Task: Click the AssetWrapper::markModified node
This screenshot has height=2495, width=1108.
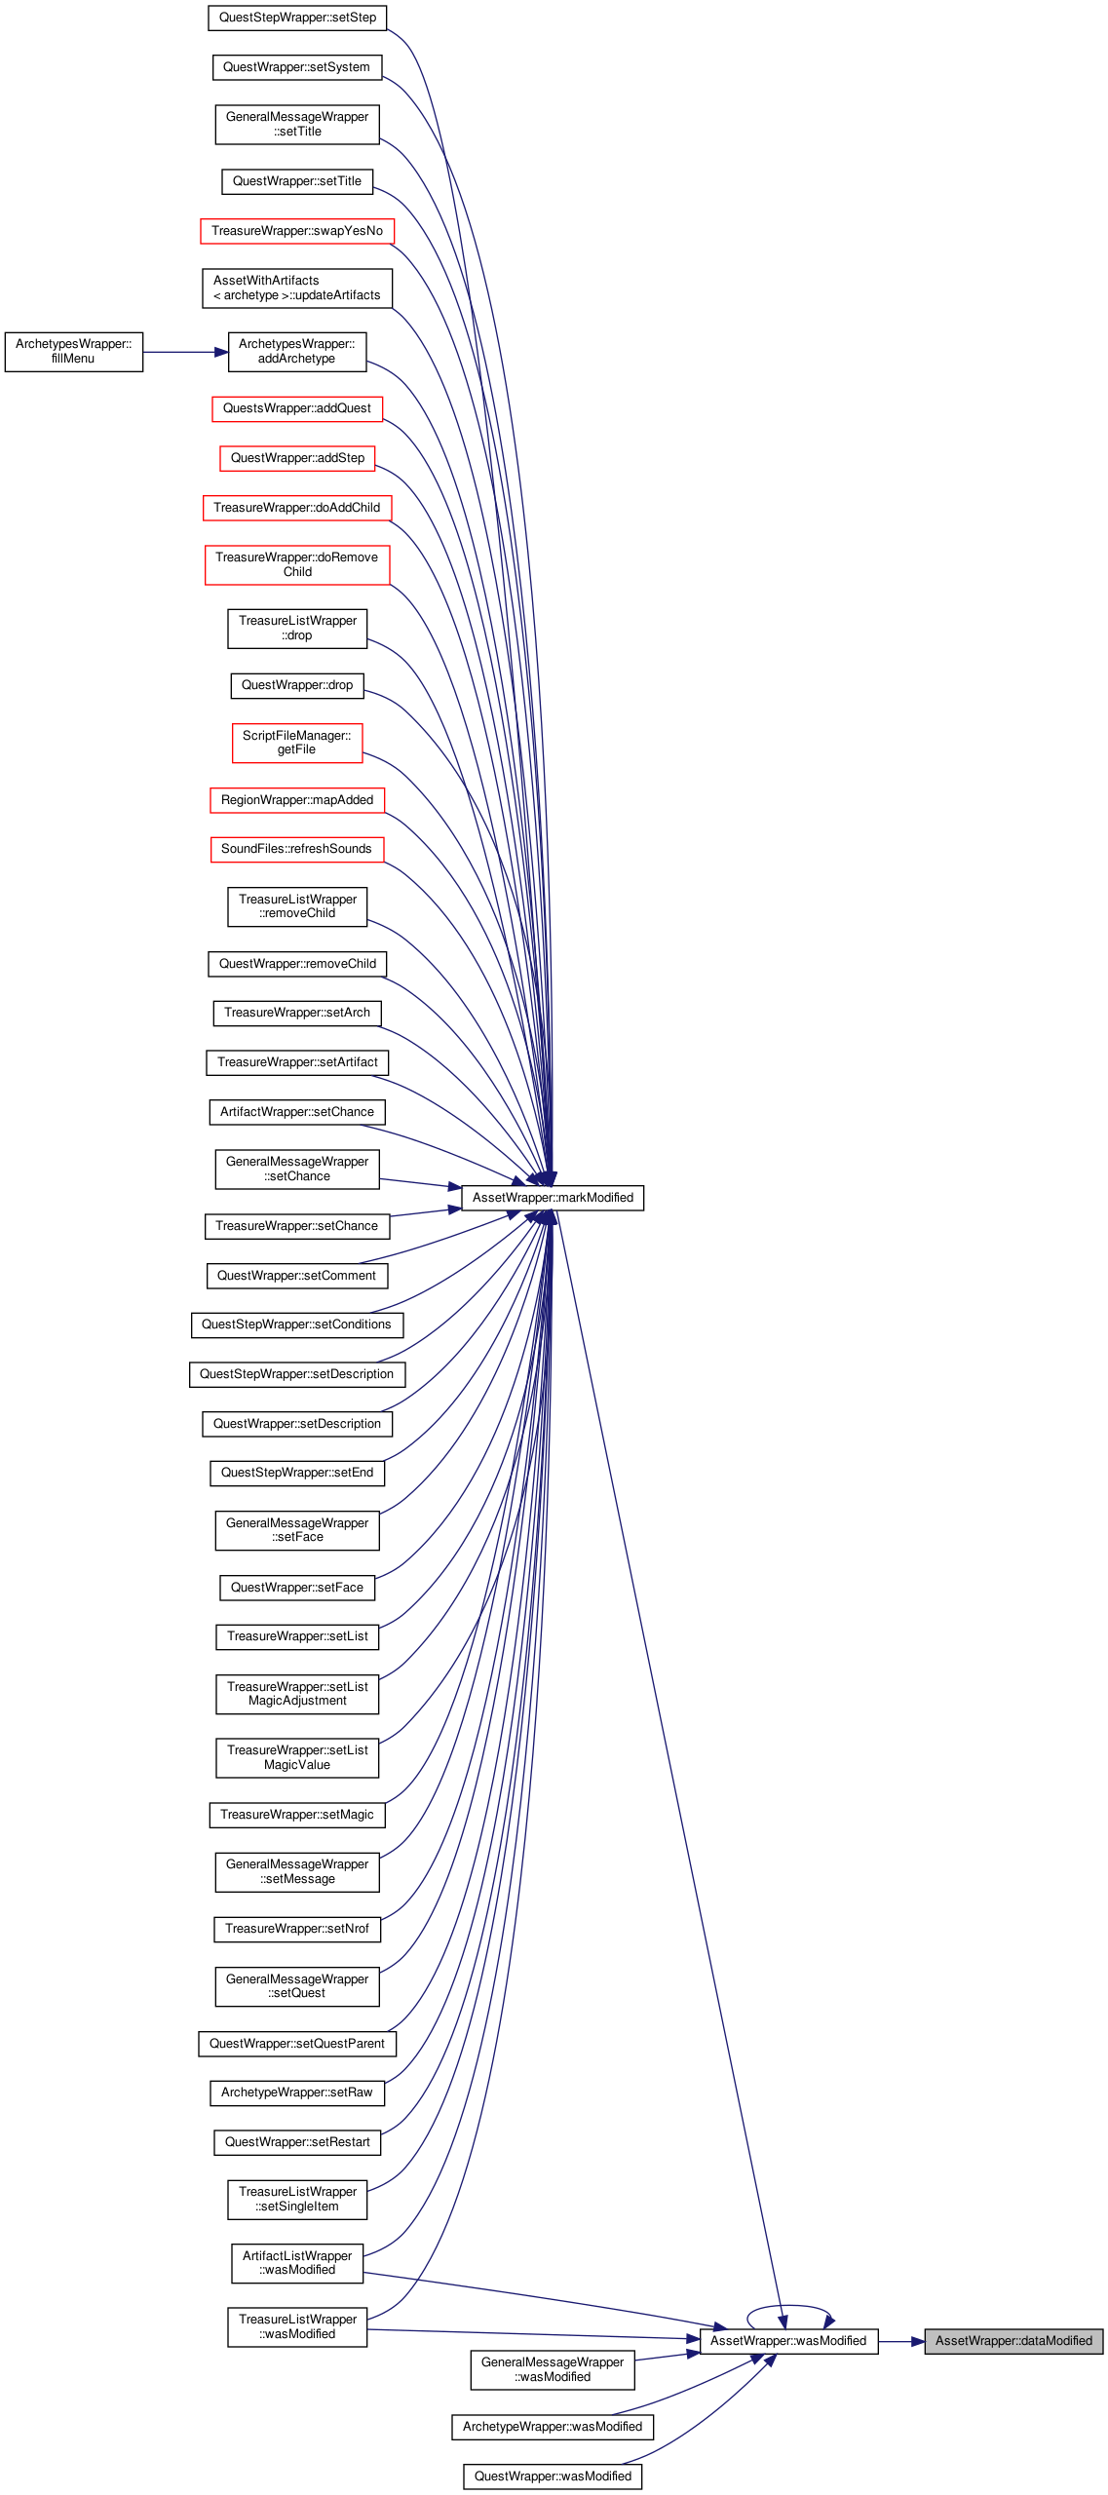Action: pos(553,1198)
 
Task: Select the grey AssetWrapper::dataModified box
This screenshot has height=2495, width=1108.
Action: pos(1013,2341)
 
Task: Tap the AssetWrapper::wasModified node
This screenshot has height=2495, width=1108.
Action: pos(788,2341)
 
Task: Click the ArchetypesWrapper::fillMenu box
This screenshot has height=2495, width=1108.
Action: pos(74,352)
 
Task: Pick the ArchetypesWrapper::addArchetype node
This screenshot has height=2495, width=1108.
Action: pos(297,352)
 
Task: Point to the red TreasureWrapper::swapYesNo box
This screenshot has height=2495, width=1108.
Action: pos(297,231)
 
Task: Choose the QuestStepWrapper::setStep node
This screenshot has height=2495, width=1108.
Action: pos(297,18)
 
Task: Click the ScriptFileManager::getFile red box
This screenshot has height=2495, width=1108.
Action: pos(297,743)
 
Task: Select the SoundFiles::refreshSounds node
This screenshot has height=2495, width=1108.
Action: pos(297,849)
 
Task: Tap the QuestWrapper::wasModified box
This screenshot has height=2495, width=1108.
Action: pos(553,2476)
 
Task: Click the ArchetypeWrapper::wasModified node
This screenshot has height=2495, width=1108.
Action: pos(553,2427)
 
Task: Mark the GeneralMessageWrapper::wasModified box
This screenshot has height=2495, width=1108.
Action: pos(553,2369)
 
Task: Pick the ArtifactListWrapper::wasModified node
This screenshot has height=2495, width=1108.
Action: pos(297,2263)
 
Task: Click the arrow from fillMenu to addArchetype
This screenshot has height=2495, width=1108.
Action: pos(185,352)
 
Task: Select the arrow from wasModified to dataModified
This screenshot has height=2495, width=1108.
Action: pos(901,2341)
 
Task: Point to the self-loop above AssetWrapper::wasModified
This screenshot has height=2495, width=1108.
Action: pos(789,2306)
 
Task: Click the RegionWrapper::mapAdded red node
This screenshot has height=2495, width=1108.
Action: pos(297,800)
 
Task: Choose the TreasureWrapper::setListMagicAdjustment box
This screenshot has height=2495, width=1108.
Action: pos(297,1694)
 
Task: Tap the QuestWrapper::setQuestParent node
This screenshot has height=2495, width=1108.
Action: pos(297,2044)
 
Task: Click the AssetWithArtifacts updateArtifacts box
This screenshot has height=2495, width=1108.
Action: pos(297,288)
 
